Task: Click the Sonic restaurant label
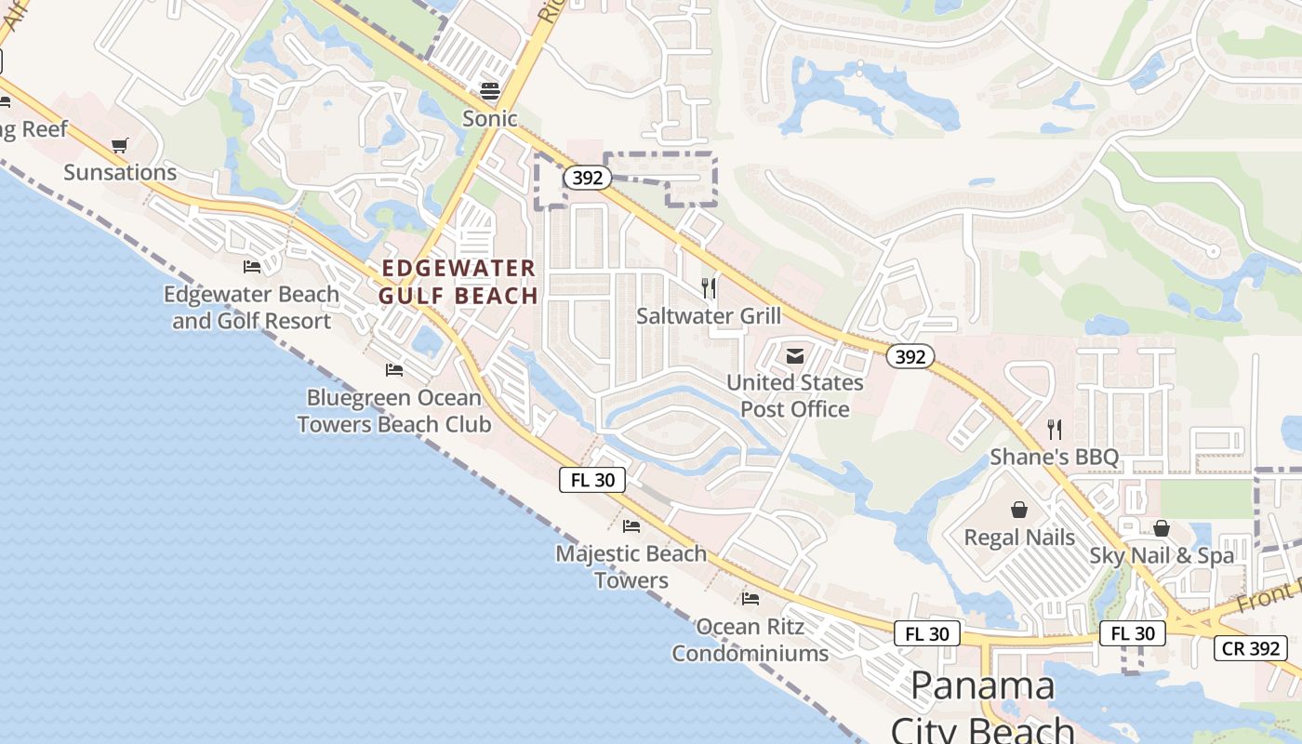click(490, 118)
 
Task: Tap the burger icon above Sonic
click(490, 90)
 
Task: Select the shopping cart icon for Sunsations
click(119, 145)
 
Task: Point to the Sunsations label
click(120, 172)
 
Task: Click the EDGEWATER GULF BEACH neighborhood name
click(459, 282)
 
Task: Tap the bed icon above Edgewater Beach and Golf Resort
click(252, 267)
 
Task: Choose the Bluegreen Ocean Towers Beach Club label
click(394, 411)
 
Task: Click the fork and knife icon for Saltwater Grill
click(709, 288)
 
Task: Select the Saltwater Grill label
click(709, 316)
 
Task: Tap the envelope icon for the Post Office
click(795, 355)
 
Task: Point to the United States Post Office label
click(795, 395)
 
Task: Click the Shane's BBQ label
click(1054, 457)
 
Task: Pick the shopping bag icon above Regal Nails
click(1019, 510)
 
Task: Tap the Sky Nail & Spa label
click(1162, 556)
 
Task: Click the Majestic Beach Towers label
click(631, 566)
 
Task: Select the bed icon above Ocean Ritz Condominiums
click(751, 598)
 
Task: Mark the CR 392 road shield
click(1251, 648)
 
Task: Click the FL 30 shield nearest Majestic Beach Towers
click(592, 480)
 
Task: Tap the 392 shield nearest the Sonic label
click(588, 178)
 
